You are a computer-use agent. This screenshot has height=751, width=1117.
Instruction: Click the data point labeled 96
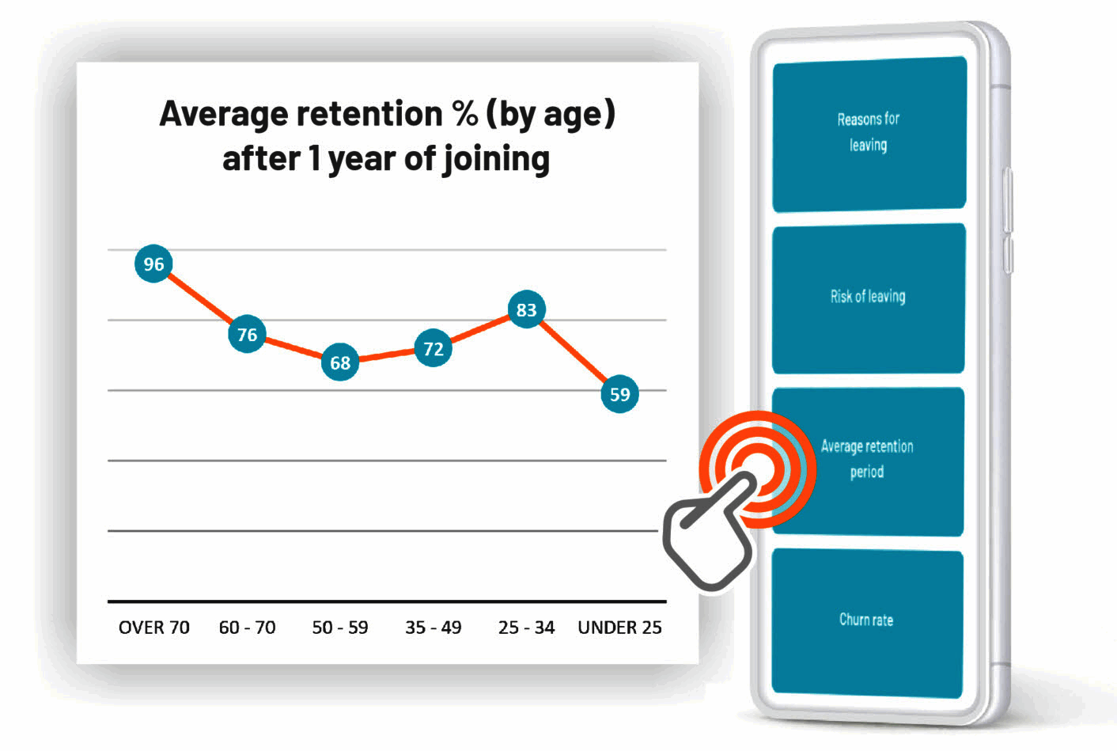pos(153,264)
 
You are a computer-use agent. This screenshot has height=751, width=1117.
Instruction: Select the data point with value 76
pos(247,335)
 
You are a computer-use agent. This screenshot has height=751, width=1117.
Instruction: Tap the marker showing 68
pos(340,363)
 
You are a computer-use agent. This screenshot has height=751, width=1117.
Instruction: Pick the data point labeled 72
pos(434,349)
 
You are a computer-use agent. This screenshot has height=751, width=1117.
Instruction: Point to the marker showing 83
pos(526,310)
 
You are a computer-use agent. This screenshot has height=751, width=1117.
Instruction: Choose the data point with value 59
pos(619,394)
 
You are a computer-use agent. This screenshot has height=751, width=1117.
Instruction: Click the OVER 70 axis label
pos(153,628)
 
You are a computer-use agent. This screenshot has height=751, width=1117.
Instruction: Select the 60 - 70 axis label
pos(247,628)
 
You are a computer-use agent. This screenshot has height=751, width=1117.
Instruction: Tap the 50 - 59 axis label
pos(340,628)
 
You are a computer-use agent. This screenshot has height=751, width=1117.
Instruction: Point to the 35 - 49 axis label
pos(434,628)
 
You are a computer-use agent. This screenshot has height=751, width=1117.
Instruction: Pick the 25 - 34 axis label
pos(526,628)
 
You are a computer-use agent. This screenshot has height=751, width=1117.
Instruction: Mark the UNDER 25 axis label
pos(619,628)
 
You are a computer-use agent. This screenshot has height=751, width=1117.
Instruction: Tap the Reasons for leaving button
pos(869,133)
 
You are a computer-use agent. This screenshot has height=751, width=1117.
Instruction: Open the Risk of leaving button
pos(868,297)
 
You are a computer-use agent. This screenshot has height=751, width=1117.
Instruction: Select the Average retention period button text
pos(867,459)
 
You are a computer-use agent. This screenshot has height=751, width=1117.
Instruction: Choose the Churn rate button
pos(866,620)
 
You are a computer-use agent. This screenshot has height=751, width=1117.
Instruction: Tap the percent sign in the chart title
pos(465,114)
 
